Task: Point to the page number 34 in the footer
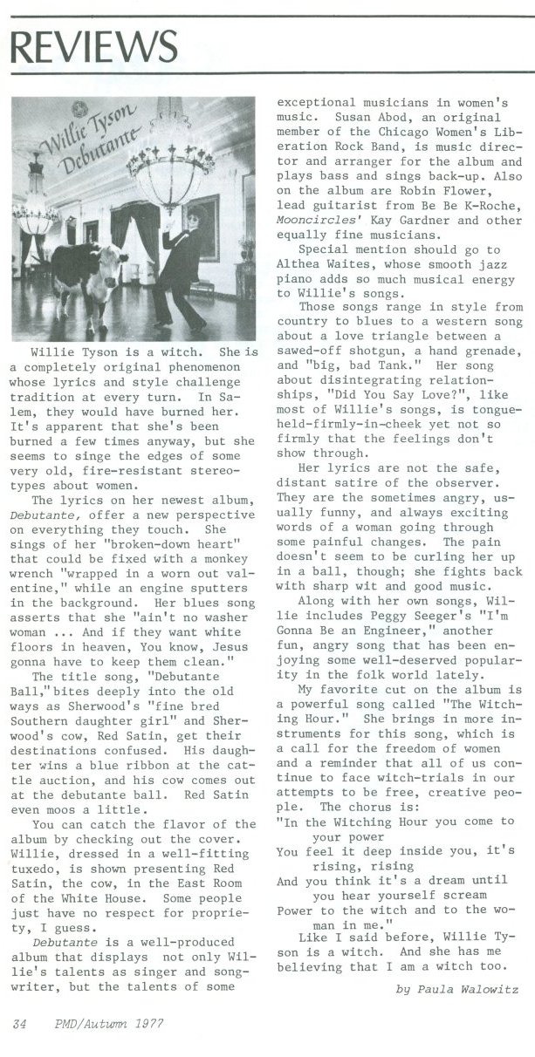18,1021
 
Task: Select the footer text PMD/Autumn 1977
106,1021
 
